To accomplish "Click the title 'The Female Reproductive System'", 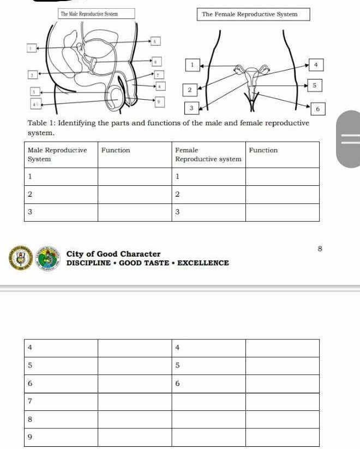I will click(x=249, y=14).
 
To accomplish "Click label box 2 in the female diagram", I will click(x=189, y=89).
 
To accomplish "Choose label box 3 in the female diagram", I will click(x=191, y=108).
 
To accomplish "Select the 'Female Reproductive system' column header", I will click(x=208, y=155).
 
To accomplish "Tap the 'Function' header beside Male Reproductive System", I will click(x=116, y=150).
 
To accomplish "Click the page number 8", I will click(x=320, y=248).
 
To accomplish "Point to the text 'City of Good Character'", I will click(x=113, y=254).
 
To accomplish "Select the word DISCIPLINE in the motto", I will click(x=87, y=263).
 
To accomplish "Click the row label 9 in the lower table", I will click(x=31, y=437).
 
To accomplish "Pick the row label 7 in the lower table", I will click(x=31, y=401).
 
